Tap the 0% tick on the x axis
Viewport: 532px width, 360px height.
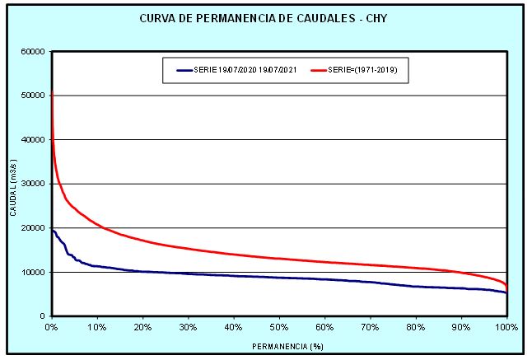click(51, 327)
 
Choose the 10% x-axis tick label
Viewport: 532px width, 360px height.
click(97, 327)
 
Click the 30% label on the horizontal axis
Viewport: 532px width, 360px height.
click(189, 327)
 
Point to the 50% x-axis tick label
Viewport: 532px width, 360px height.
click(279, 327)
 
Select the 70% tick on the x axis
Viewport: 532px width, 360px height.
click(371, 327)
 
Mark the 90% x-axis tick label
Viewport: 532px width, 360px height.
click(461, 327)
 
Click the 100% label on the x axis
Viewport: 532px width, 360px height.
click(506, 327)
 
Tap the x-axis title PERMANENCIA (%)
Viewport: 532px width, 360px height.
click(279, 345)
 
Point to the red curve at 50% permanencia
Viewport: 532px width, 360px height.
click(279, 259)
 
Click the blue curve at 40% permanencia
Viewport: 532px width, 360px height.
click(234, 275)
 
